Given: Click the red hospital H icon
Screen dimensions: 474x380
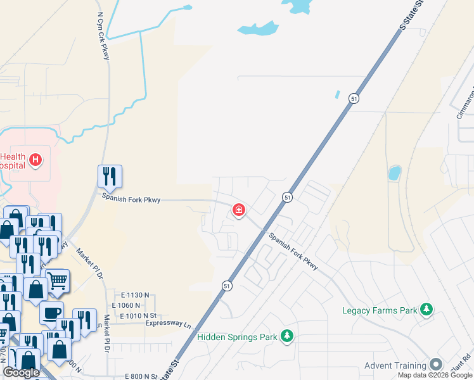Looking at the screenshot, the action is [x=35, y=160].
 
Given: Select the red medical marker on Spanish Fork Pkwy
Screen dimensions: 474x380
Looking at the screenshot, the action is [x=239, y=210].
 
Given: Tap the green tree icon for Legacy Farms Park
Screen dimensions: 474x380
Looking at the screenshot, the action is [x=428, y=310].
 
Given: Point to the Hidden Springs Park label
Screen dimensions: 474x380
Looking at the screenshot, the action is [x=237, y=337].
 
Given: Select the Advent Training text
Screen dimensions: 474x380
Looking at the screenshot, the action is [x=395, y=365].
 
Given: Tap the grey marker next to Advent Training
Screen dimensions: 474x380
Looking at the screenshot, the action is [x=436, y=365].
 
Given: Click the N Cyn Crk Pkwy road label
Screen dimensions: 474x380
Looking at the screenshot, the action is [x=104, y=35].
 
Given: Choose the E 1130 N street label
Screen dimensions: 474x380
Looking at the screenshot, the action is [x=136, y=295].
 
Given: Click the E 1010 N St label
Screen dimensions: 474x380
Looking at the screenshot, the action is [x=135, y=315].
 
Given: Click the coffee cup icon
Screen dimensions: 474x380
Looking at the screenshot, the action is [x=51, y=312].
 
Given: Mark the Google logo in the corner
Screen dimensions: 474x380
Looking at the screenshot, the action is [x=21, y=372].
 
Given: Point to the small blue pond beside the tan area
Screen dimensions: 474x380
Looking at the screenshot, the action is [x=394, y=172].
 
